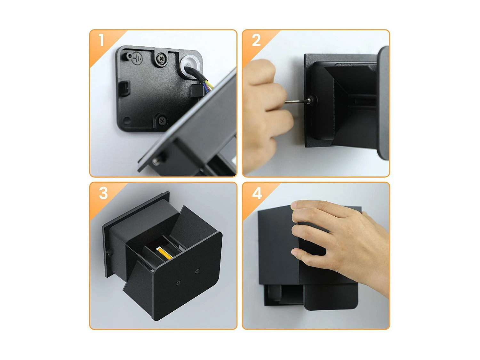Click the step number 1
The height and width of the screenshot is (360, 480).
pyautogui.click(x=101, y=40)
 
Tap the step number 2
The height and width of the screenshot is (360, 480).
pyautogui.click(x=256, y=40)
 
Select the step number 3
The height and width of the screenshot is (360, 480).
pyautogui.click(x=103, y=193)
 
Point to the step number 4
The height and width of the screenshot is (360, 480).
pyautogui.click(x=257, y=193)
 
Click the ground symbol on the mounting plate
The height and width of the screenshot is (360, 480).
pyautogui.click(x=137, y=59)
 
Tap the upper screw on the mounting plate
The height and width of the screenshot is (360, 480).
pyautogui.click(x=161, y=58)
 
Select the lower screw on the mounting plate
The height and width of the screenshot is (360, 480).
pyautogui.click(x=163, y=120)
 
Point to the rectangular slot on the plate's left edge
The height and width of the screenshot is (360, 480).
pyautogui.click(x=125, y=89)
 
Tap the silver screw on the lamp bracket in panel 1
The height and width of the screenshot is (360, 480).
pyautogui.click(x=156, y=161)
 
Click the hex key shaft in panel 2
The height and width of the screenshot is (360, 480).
pyautogui.click(x=296, y=101)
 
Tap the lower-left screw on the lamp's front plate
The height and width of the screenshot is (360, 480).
pyautogui.click(x=178, y=282)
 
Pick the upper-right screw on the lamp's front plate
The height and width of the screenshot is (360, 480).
pyautogui.click(x=197, y=271)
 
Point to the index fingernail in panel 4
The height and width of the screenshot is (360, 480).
pyautogui.click(x=294, y=205)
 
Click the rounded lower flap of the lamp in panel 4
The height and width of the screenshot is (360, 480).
pyautogui.click(x=331, y=297)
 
